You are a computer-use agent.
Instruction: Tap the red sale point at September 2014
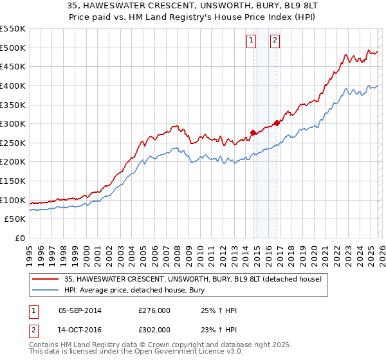(253, 133)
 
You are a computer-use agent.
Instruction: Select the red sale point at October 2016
(277, 123)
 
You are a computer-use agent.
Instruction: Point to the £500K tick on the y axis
(14, 48)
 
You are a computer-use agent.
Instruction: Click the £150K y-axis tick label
(14, 181)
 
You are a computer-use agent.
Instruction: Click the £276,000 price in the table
(154, 310)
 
